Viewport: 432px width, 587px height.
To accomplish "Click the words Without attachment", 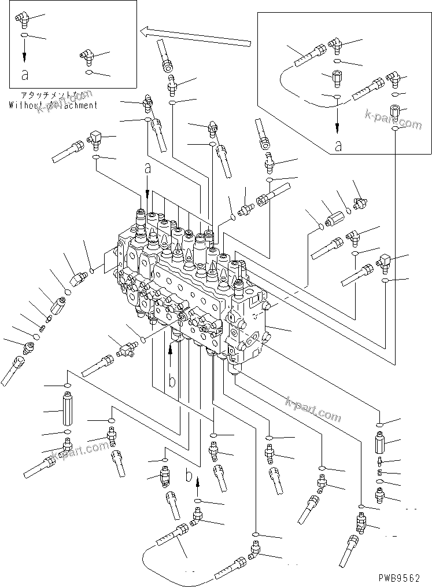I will pyautogui.click(x=53, y=105).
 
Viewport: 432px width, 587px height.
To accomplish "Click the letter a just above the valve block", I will pyautogui.click(x=147, y=168).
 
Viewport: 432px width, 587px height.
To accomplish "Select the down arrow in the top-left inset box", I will pyautogui.click(x=25, y=54).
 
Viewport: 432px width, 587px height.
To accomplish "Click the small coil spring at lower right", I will pyautogui.click(x=380, y=473).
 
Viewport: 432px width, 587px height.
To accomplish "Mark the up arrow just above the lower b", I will pyautogui.click(x=197, y=483).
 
